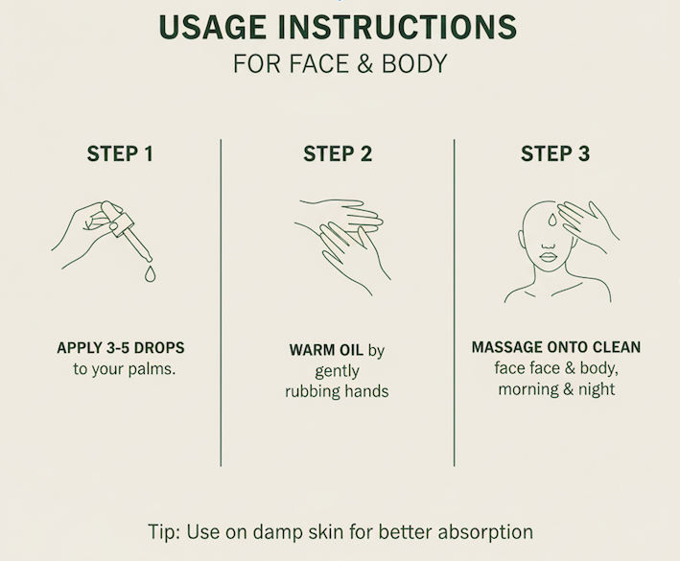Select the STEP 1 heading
[120, 154]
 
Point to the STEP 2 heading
[338, 154]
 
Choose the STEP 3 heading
[554, 154]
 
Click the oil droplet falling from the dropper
[150, 275]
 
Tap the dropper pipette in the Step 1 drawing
[130, 233]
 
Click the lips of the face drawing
[547, 256]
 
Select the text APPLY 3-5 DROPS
[120, 348]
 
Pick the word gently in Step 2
[337, 370]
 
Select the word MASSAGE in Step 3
[505, 347]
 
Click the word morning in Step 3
[528, 389]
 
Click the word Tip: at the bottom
[168, 531]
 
